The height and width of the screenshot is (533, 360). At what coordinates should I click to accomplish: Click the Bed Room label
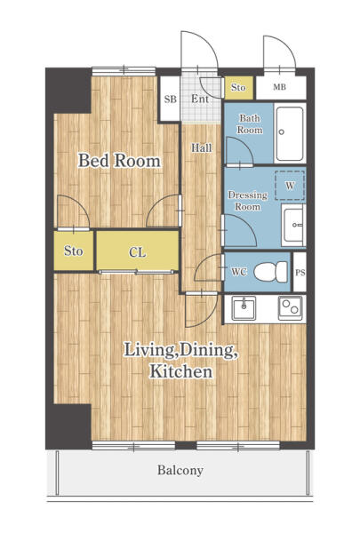(119, 161)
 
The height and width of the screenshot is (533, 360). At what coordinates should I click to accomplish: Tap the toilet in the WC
(271, 272)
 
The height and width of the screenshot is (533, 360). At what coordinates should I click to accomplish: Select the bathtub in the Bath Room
(289, 133)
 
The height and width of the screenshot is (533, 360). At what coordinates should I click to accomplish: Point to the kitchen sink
(244, 308)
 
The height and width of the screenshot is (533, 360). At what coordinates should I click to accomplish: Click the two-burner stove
(291, 308)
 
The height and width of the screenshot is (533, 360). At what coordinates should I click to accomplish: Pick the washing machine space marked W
(290, 186)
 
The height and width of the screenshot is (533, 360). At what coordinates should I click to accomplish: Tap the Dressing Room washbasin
(293, 225)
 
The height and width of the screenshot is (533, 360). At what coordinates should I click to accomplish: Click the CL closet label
(137, 252)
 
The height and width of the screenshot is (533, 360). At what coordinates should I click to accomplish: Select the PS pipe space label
(300, 273)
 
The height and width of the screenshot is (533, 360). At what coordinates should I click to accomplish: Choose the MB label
(279, 87)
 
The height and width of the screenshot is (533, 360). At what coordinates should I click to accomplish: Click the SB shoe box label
(170, 99)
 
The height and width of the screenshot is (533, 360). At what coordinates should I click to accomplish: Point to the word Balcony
(180, 471)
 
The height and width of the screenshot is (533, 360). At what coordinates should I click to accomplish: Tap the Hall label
(201, 147)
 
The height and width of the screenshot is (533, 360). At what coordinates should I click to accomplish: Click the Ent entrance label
(200, 99)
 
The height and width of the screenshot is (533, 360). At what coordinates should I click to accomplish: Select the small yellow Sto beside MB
(238, 88)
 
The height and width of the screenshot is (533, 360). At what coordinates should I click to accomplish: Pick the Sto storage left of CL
(74, 251)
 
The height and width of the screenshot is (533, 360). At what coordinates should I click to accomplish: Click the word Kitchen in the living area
(181, 371)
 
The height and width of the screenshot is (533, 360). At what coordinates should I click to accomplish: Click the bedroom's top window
(124, 71)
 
